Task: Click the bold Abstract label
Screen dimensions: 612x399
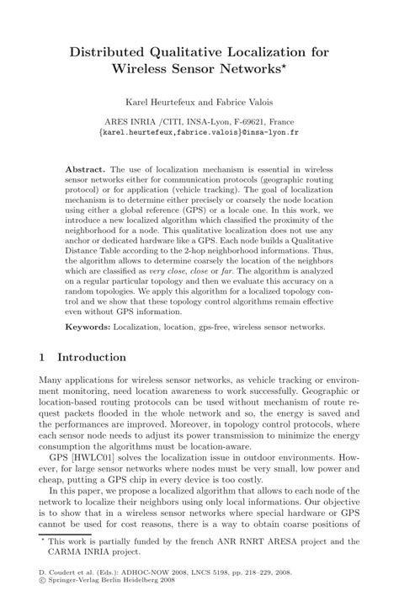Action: pyautogui.click(x=84, y=169)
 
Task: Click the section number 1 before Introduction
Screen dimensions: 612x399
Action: pyautogui.click(x=43, y=357)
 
